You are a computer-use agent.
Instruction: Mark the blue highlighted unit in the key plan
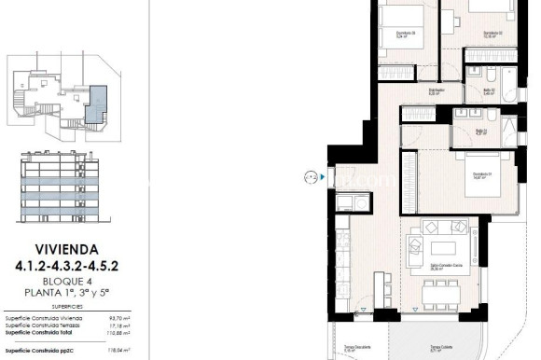point(98,93)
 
